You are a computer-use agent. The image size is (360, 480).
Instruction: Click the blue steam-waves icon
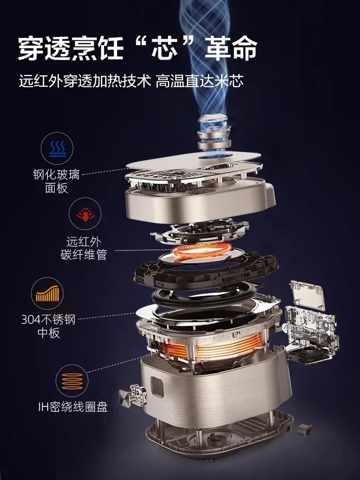pyautogui.click(x=58, y=148)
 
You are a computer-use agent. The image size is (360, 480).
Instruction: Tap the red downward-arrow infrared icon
pyautogui.click(x=85, y=214)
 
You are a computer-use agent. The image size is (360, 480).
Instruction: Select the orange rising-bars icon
pyautogui.click(x=47, y=294)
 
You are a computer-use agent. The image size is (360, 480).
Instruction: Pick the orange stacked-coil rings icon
pyautogui.click(x=72, y=381)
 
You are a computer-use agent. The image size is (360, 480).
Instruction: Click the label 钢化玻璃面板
pyautogui.click(x=56, y=181)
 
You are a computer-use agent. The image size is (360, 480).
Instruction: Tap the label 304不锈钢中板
pyautogui.click(x=48, y=326)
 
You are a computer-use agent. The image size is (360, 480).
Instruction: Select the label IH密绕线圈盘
pyautogui.click(x=73, y=407)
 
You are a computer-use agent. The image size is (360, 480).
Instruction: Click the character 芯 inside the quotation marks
pyautogui.click(x=165, y=48)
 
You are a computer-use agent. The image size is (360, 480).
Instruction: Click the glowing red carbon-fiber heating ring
pyautogui.click(x=201, y=251)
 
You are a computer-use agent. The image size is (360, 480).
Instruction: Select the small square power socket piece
pyautogui.click(x=304, y=429)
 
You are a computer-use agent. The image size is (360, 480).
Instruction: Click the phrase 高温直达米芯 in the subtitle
pyautogui.click(x=200, y=82)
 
